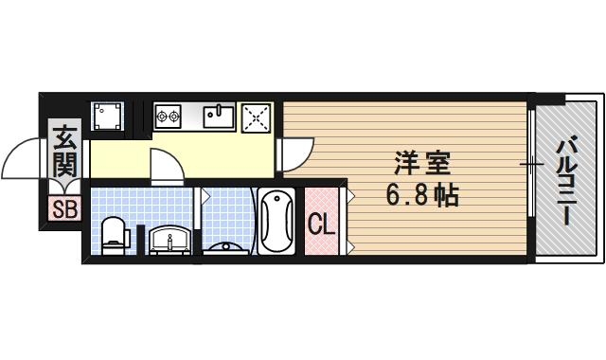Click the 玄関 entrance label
pyautogui.click(x=64, y=152)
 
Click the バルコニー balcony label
pyautogui.click(x=566, y=180)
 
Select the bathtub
pyautogui.click(x=276, y=220)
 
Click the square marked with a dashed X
pyautogui.click(x=258, y=117)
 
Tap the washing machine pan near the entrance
pyautogui.click(x=107, y=117)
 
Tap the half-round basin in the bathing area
pyautogui.click(x=228, y=247)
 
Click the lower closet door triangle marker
pyautogui.click(x=350, y=245)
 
